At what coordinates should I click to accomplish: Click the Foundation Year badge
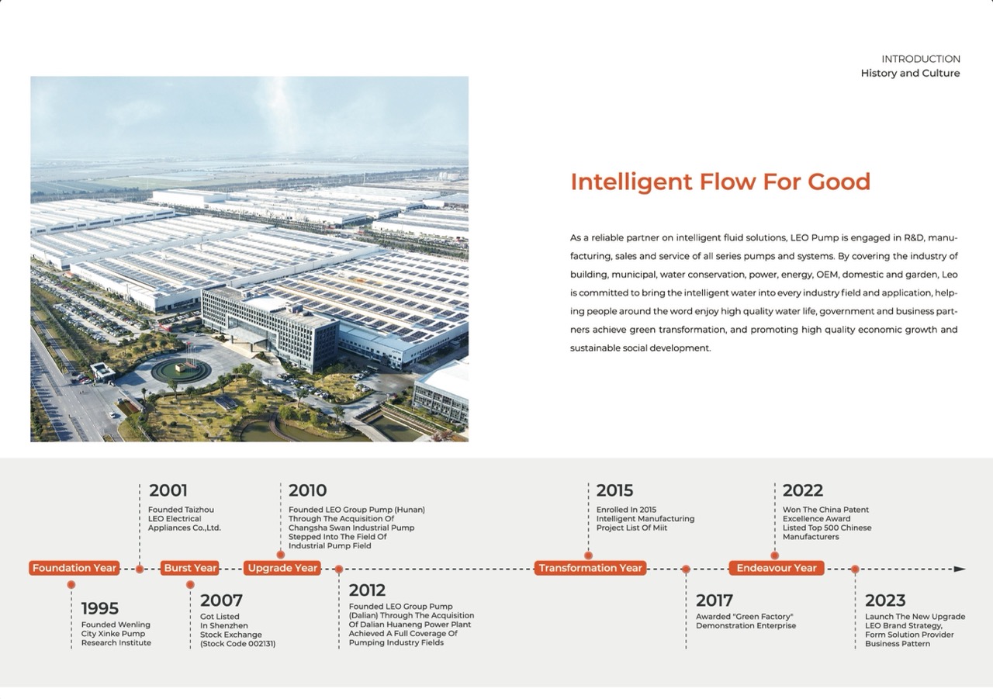[74, 568]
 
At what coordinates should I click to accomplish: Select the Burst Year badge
[190, 568]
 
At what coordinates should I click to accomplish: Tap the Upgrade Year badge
[282, 568]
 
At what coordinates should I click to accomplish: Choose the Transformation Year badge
[590, 568]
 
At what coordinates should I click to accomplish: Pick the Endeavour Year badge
[777, 568]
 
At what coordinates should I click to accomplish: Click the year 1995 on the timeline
[100, 608]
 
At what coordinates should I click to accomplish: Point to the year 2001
[168, 490]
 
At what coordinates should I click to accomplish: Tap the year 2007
[221, 600]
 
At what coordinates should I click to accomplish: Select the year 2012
[367, 590]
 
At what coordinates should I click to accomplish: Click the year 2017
[714, 600]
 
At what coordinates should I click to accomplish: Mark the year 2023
[885, 600]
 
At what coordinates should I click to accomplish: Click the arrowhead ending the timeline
[960, 569]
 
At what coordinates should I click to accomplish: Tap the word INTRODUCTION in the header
[921, 59]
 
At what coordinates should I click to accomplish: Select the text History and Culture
[910, 73]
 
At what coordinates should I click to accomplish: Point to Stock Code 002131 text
[237, 644]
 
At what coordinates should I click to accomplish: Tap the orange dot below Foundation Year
[71, 585]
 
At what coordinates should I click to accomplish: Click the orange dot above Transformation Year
[588, 555]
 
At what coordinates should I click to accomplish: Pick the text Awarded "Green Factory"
[744, 617]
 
